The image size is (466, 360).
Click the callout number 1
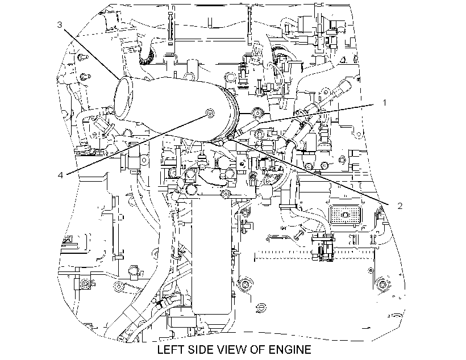384,103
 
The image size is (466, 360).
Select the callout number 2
400,206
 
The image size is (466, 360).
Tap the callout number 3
60,24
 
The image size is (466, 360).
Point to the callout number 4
60,175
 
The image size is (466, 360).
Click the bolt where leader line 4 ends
210,113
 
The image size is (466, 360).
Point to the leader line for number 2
311,171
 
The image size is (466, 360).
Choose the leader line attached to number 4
137,144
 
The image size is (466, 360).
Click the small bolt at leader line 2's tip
230,137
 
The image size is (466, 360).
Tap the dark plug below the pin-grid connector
323,247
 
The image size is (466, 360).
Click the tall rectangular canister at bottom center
211,256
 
